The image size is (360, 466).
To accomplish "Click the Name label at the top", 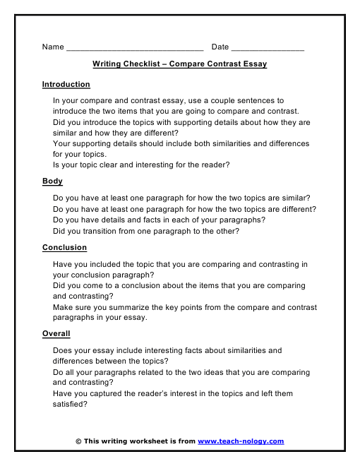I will (53, 47).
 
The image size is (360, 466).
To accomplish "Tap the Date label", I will (220, 47).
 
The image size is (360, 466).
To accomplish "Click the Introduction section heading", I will (66, 85).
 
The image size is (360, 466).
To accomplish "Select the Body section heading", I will (52, 181).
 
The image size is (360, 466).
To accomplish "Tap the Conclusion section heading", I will (64, 248).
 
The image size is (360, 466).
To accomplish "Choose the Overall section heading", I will (56, 334).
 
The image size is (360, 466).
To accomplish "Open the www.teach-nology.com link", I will (241, 441).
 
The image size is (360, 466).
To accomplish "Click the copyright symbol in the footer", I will (78, 441).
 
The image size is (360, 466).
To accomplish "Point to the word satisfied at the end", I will (70, 405).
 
